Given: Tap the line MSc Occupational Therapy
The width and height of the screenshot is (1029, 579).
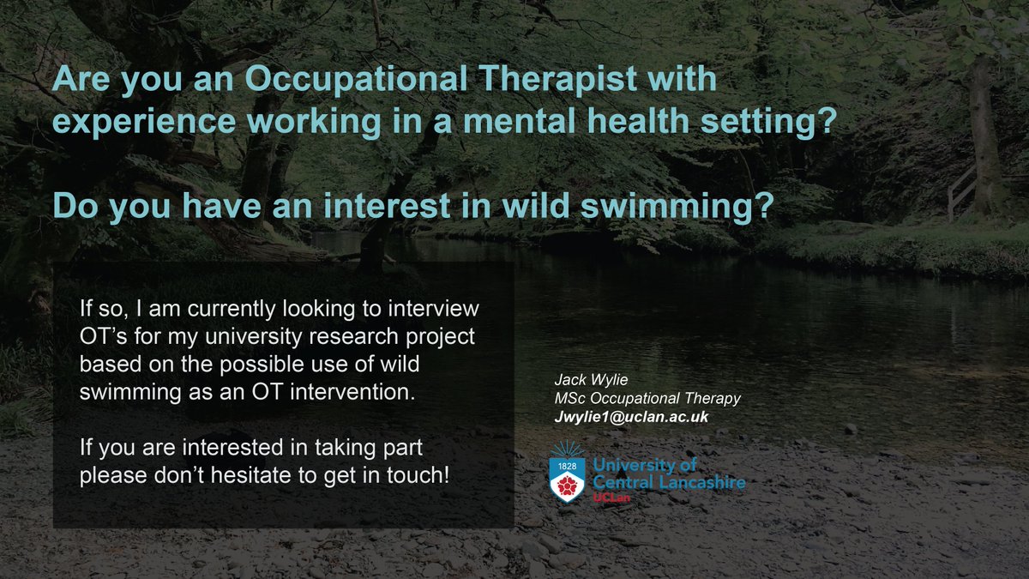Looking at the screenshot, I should (647, 398).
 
